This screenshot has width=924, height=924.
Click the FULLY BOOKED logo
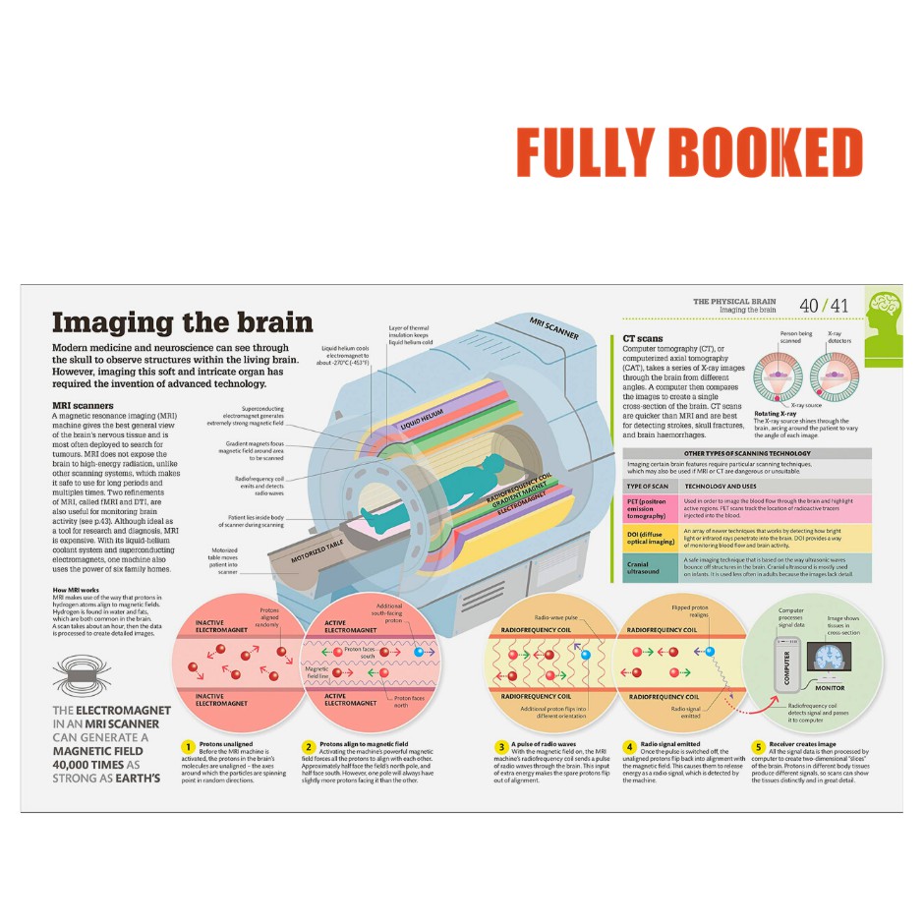point(689,153)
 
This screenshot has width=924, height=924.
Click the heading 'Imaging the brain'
point(182,322)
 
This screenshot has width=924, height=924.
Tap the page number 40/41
point(824,306)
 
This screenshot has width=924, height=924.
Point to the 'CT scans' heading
point(643,338)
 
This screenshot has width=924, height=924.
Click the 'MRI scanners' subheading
point(83,405)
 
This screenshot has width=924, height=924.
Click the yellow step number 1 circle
point(187,746)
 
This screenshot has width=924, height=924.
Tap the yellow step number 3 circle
point(501,746)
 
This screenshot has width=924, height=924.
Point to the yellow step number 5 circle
point(758,746)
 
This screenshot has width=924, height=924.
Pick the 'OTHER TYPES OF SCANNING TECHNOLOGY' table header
point(747,453)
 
